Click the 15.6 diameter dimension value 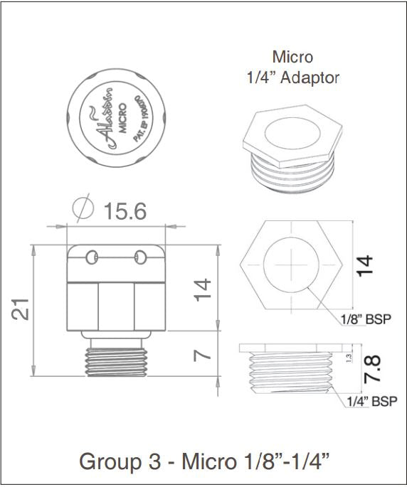[127, 212]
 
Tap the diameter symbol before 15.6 [85, 210]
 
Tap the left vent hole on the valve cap [92, 255]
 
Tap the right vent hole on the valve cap [141, 255]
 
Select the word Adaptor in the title [310, 77]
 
